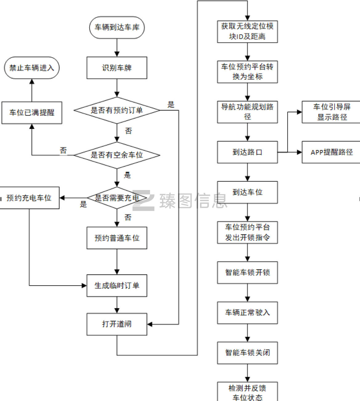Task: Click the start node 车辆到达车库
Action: click(x=117, y=27)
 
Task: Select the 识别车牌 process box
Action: click(x=117, y=68)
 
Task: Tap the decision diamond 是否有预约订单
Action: click(x=117, y=110)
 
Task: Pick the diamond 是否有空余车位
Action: click(x=117, y=155)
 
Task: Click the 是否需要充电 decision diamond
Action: click(x=117, y=198)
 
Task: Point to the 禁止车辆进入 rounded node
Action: click(x=32, y=68)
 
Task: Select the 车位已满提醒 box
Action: click(x=32, y=113)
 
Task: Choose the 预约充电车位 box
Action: click(x=29, y=198)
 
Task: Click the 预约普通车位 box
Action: click(x=117, y=238)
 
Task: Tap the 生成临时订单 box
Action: click(x=117, y=286)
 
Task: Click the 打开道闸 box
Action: click(x=117, y=324)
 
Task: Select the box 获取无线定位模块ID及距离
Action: click(x=247, y=31)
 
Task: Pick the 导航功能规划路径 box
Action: click(x=247, y=112)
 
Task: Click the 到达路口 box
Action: click(x=247, y=152)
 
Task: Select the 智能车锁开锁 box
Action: click(x=247, y=272)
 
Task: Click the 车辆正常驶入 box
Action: click(x=247, y=312)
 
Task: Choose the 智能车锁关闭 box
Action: click(x=247, y=353)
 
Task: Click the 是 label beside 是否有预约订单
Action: click(x=171, y=105)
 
